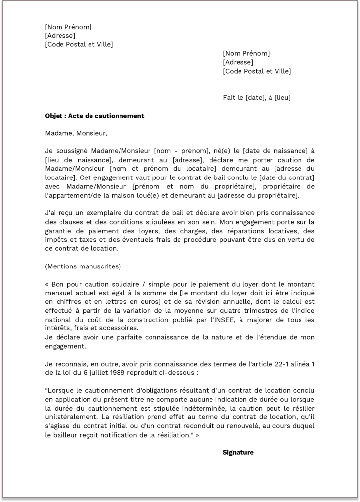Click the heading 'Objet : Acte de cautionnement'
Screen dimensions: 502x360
[x=94, y=116]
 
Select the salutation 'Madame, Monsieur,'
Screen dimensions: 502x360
[x=76, y=133]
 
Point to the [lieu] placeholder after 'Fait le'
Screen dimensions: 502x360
[x=282, y=97]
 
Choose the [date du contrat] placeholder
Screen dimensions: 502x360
[x=287, y=177]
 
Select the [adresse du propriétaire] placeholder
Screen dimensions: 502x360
[x=259, y=195]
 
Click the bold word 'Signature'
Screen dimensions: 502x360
[x=238, y=452]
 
